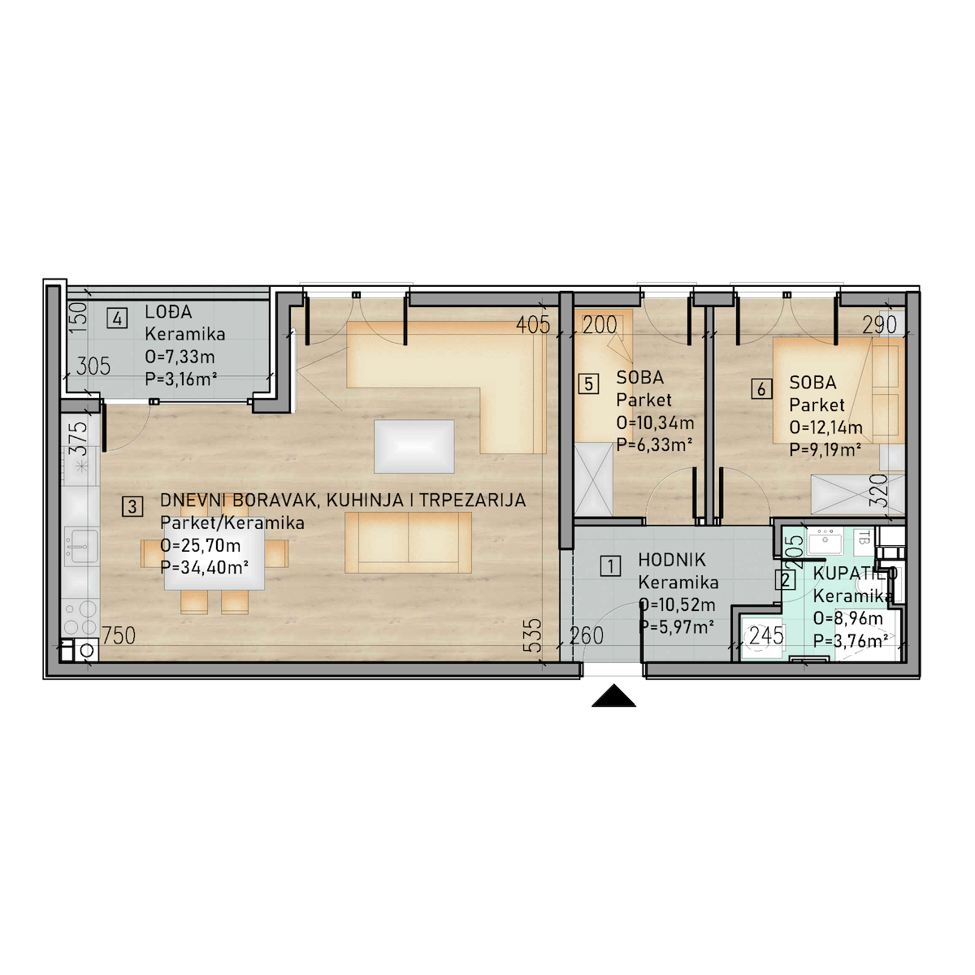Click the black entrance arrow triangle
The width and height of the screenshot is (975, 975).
[613, 695]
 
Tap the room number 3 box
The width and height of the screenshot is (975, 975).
[132, 506]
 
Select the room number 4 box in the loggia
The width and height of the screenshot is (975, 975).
[117, 318]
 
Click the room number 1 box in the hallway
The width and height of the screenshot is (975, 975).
[611, 566]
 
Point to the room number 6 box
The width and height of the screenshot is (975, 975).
[761, 389]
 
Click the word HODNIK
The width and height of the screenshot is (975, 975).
[672, 560]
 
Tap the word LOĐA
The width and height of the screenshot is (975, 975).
[168, 312]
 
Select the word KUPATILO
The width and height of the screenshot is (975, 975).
[855, 574]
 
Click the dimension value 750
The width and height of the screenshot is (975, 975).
[119, 636]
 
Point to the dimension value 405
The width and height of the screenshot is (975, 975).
[533, 325]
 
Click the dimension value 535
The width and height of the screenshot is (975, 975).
[535, 635]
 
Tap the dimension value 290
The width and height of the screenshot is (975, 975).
[879, 325]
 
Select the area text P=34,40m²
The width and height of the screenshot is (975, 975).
[205, 568]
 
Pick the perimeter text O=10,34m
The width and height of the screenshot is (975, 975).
[655, 422]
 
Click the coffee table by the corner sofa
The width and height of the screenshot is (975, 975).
[414, 446]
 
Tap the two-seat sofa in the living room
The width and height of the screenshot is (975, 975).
[409, 543]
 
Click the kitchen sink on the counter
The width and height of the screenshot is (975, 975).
[81, 546]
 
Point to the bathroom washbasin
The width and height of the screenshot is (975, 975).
[825, 542]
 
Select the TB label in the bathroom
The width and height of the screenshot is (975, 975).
[864, 537]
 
